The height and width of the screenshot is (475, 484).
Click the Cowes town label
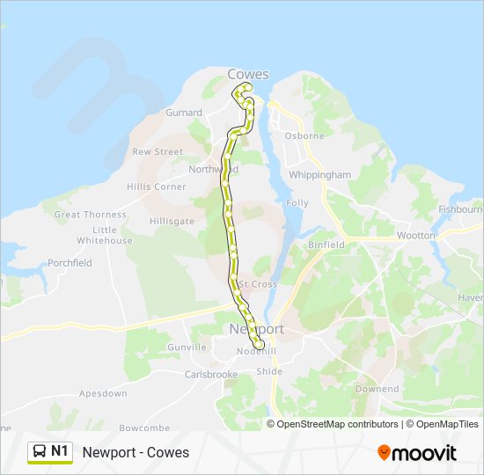248,74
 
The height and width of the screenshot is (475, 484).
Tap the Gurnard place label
184,113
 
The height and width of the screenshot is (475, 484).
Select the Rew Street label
158,151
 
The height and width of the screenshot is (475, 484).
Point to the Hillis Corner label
157,186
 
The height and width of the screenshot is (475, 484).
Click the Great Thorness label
91,215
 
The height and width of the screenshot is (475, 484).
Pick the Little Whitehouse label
104,236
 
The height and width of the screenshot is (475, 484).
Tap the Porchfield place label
70,263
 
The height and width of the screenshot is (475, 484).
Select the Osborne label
304,136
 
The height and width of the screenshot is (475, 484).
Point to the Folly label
297,203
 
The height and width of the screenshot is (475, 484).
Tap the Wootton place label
415,236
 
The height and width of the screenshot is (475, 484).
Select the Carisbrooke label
211,374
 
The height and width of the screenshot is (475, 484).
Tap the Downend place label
377,389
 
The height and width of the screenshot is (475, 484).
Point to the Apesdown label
103,393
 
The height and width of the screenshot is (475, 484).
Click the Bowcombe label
144,427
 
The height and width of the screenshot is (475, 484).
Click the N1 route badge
50,452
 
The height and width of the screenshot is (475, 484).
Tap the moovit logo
417,453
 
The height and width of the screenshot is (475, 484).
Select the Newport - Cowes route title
136,453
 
